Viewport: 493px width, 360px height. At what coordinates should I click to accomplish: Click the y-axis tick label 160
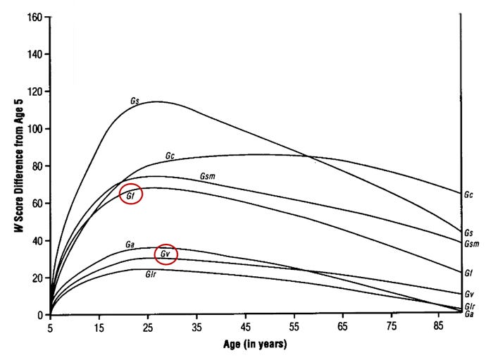(x=33, y=17)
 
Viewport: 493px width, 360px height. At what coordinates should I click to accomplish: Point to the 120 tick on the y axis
(x=33, y=92)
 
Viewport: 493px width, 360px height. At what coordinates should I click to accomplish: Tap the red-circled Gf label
(x=131, y=194)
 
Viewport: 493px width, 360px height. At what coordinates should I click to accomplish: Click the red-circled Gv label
(x=166, y=254)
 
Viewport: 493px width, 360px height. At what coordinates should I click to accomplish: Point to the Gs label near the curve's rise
(x=135, y=101)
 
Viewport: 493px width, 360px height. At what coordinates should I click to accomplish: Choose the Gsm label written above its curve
(x=208, y=175)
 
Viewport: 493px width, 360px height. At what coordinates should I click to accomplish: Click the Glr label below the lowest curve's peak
(x=150, y=275)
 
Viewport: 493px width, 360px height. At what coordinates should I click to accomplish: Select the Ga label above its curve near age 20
(x=130, y=244)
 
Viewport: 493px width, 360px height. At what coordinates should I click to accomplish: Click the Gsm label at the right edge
(x=471, y=243)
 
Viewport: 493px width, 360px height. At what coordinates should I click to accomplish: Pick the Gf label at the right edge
(x=468, y=272)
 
